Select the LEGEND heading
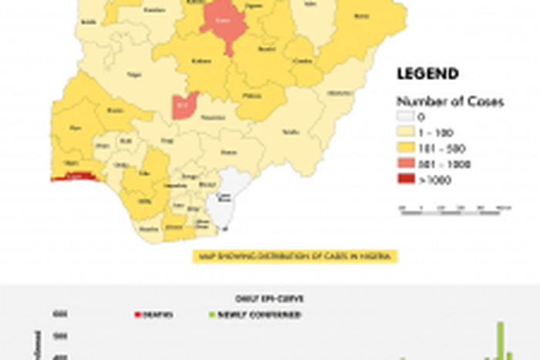(427, 74)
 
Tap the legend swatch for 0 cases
(405, 117)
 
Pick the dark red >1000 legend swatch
(405, 180)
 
